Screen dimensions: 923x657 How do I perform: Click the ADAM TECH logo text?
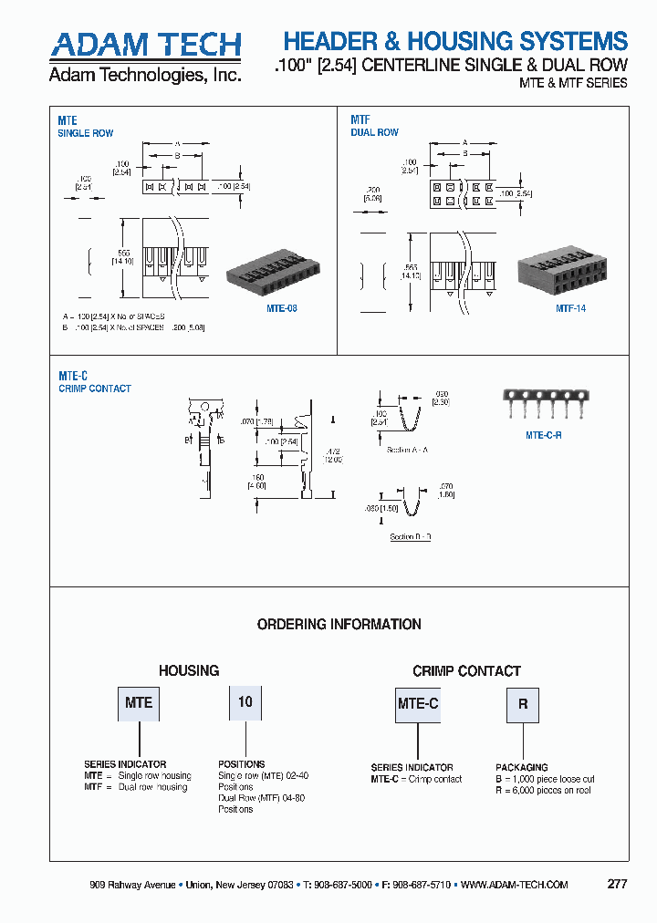[x=145, y=44]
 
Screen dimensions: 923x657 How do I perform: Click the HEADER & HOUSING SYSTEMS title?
[x=455, y=41]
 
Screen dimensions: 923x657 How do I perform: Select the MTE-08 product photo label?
[x=282, y=308]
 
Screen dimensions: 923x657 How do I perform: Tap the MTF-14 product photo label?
[x=571, y=308]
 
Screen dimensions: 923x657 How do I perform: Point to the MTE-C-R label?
[x=544, y=436]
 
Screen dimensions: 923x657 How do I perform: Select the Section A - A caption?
[x=406, y=451]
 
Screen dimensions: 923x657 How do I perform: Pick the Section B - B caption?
[x=410, y=536]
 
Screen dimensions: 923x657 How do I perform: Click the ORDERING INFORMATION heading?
[x=339, y=625]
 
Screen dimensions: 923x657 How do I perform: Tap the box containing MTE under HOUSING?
[x=139, y=703]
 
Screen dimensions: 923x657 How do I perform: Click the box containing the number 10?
[x=245, y=702]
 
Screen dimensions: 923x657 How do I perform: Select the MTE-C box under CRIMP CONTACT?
[x=418, y=703]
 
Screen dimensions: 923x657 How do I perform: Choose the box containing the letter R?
[x=523, y=704]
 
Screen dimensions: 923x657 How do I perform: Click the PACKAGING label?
[x=521, y=768]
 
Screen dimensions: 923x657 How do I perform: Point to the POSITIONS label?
[x=241, y=764]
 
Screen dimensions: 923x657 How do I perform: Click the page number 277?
[x=617, y=884]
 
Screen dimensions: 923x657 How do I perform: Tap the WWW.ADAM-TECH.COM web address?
[x=515, y=885]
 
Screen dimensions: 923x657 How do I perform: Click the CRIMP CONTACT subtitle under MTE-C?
[x=95, y=389]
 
